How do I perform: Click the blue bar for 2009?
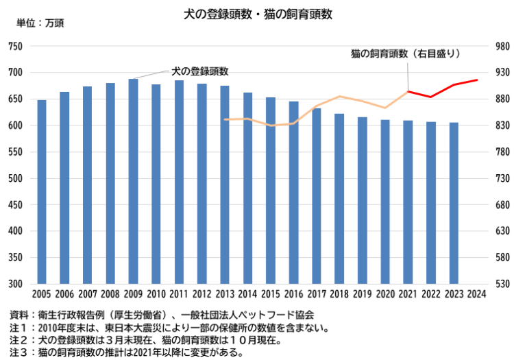click(133, 181)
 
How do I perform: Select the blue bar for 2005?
click(42, 192)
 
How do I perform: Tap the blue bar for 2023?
click(454, 203)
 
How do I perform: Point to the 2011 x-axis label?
click(179, 295)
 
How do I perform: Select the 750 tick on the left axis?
click(15, 47)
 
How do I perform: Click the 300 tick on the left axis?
click(15, 284)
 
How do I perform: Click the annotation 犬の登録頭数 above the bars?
click(199, 71)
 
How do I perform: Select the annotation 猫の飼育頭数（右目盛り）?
click(405, 53)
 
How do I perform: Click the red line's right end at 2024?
click(477, 80)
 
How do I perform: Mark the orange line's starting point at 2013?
click(225, 119)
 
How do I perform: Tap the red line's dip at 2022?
click(431, 97)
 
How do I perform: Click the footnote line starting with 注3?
click(127, 352)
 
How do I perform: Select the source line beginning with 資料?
click(162, 315)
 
